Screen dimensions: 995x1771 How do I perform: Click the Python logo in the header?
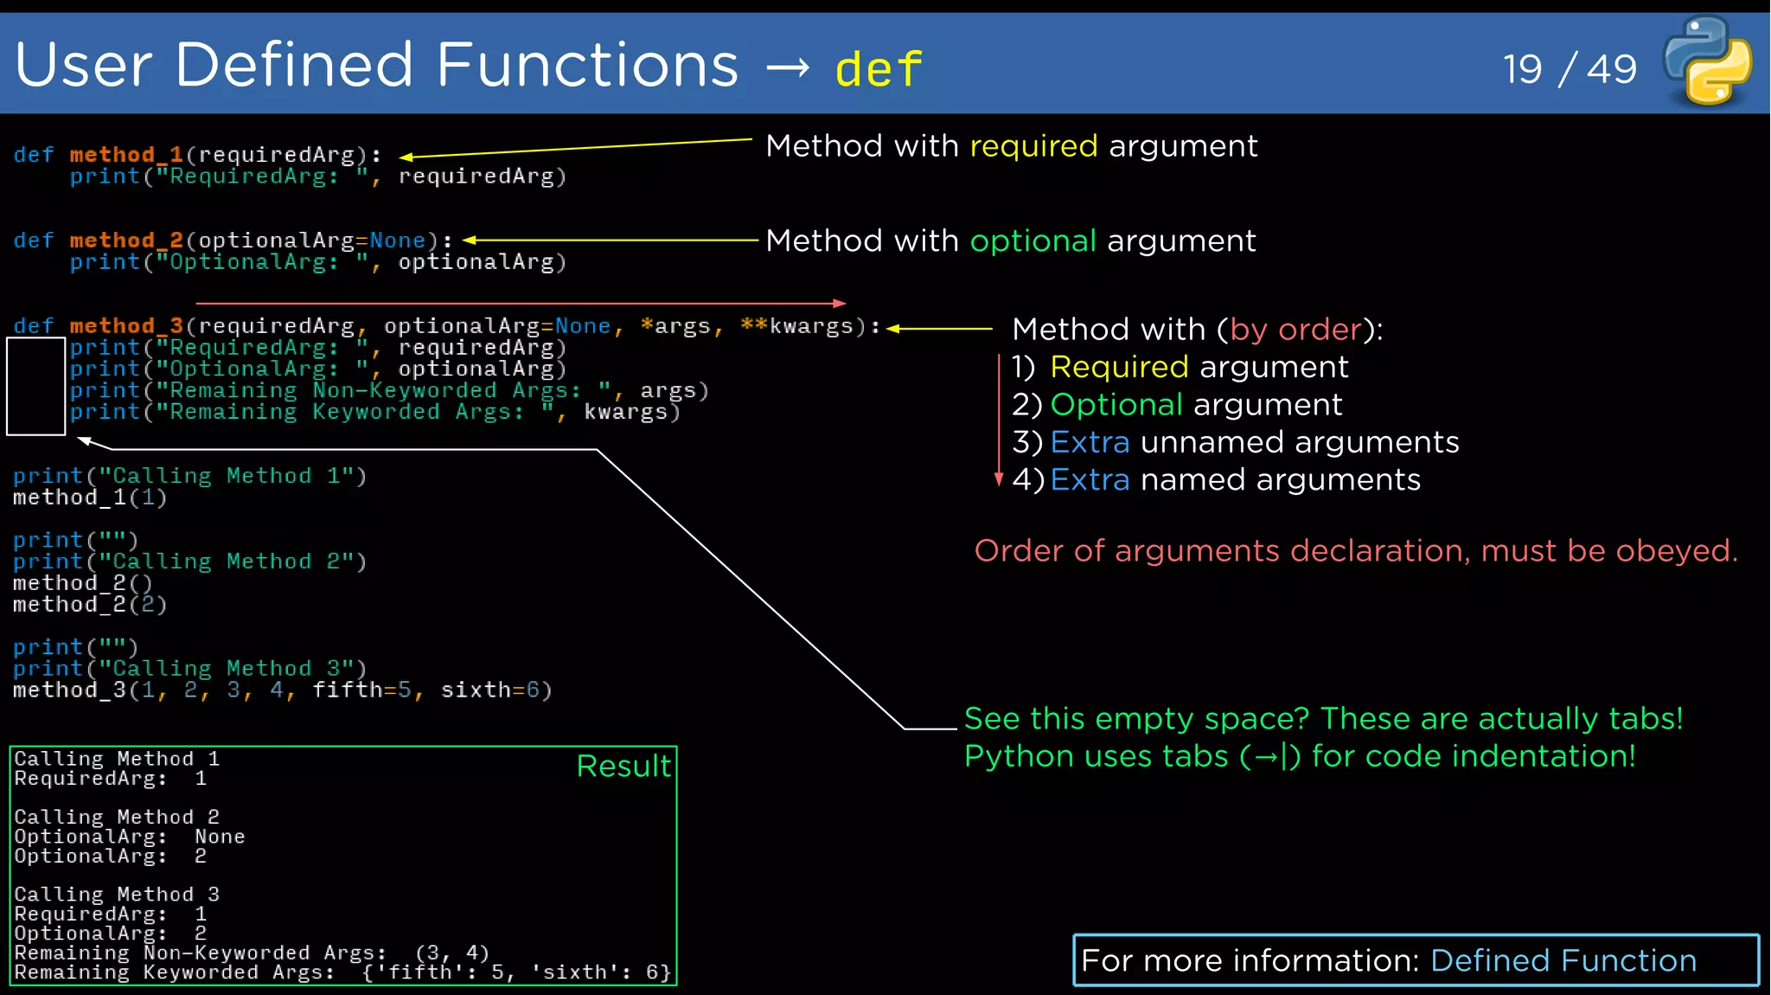pos(1708,61)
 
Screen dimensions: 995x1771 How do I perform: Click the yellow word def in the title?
pos(879,69)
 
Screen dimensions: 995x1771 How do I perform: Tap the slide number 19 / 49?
pos(1570,69)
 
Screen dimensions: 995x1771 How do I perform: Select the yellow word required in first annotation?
pos(1033,146)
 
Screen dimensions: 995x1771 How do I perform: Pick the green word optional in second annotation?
pos(1033,241)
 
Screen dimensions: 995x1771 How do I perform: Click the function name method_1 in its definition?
pos(126,155)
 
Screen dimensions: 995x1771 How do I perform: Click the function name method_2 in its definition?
pos(126,241)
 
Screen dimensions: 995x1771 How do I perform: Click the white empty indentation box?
pos(36,386)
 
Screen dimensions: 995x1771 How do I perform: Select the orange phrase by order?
pos(1295,330)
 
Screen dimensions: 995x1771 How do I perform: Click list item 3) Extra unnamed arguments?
pos(1235,443)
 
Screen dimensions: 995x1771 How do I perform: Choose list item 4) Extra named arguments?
pos(1216,480)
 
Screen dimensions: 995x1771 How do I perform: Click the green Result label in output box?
pos(623,767)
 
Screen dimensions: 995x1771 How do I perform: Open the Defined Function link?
pos(1563,961)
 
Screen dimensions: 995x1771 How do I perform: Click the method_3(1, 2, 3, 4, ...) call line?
pos(282,690)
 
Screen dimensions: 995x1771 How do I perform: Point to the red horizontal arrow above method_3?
pos(519,304)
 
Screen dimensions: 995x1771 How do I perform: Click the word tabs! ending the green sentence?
pos(1645,719)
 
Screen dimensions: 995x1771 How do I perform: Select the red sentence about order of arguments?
pos(1355,551)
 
